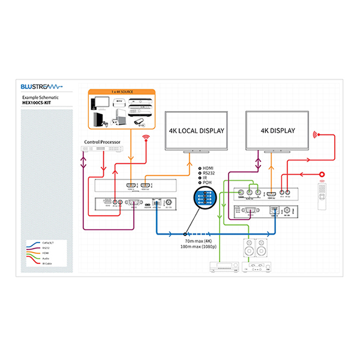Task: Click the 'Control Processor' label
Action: coord(102,143)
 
